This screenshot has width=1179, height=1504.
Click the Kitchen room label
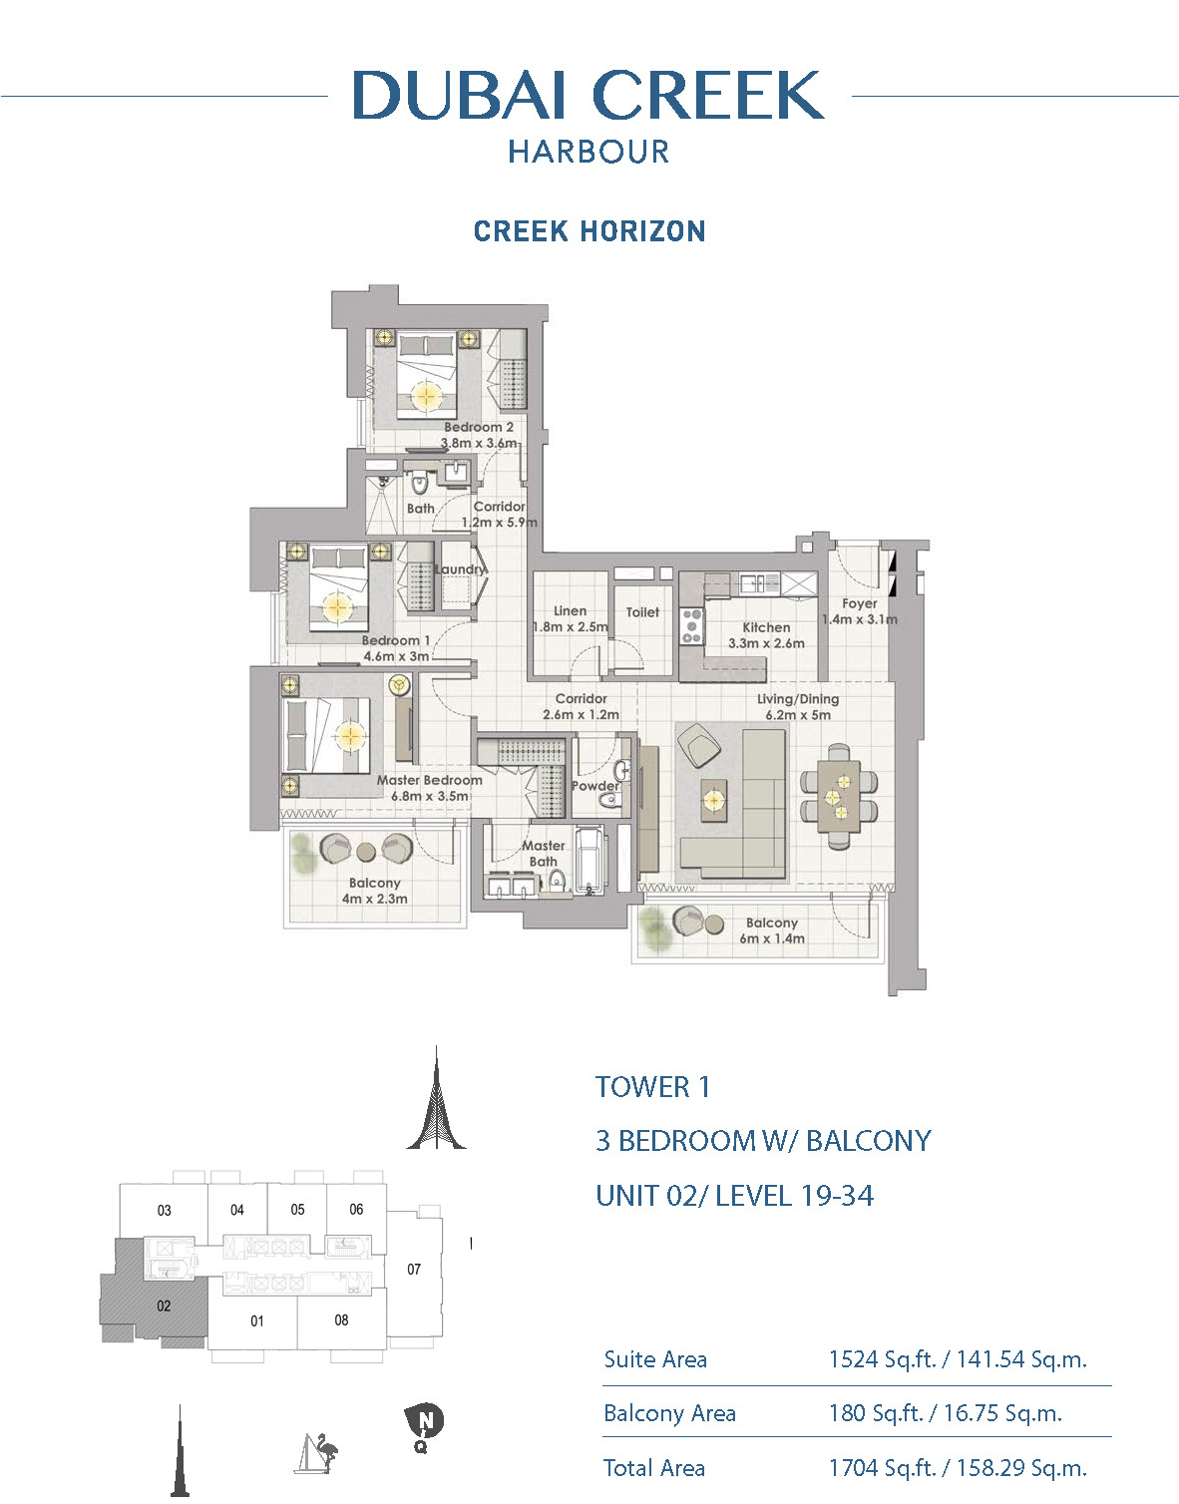click(x=766, y=627)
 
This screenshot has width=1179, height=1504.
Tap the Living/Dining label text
click(x=798, y=699)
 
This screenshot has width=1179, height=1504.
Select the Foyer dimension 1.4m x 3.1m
click(x=860, y=619)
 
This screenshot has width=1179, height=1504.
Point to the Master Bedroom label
click(x=430, y=780)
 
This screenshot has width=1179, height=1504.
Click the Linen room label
click(x=571, y=611)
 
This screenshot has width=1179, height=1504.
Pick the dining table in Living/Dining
click(x=839, y=796)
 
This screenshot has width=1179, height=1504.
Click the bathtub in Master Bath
click(x=590, y=862)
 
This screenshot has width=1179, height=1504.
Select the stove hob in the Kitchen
click(x=692, y=625)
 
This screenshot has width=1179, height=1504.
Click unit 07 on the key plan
click(x=414, y=1269)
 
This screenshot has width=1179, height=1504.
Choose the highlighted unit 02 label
click(x=164, y=1306)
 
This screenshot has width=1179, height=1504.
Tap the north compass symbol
click(x=424, y=1420)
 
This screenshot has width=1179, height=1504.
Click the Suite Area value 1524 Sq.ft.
click(x=882, y=1360)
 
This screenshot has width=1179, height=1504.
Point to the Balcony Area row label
click(x=669, y=1413)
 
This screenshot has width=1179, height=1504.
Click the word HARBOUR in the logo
click(x=589, y=152)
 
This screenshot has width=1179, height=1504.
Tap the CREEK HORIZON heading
click(x=589, y=231)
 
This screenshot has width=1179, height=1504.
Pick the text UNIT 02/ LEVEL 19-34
click(x=735, y=1195)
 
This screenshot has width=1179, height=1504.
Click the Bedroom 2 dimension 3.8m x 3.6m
click(x=480, y=443)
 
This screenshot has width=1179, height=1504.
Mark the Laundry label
click(x=460, y=568)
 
